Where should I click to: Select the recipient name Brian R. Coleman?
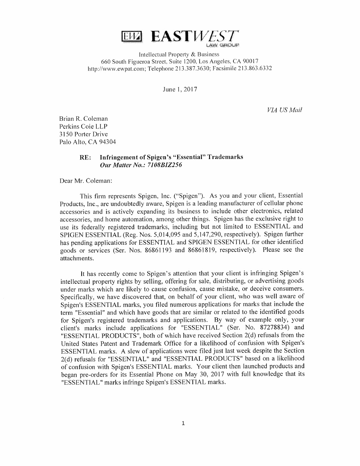pos(83,119)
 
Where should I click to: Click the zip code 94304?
pos(108,142)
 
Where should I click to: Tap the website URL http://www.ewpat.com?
pos(117,69)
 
